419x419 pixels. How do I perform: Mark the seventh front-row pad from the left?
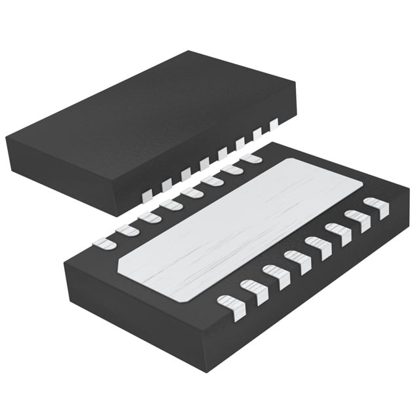[357, 220]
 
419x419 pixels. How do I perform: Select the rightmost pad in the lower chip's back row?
[251, 158]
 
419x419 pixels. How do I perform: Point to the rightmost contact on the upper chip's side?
[274, 122]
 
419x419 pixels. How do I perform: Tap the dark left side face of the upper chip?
[59, 173]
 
